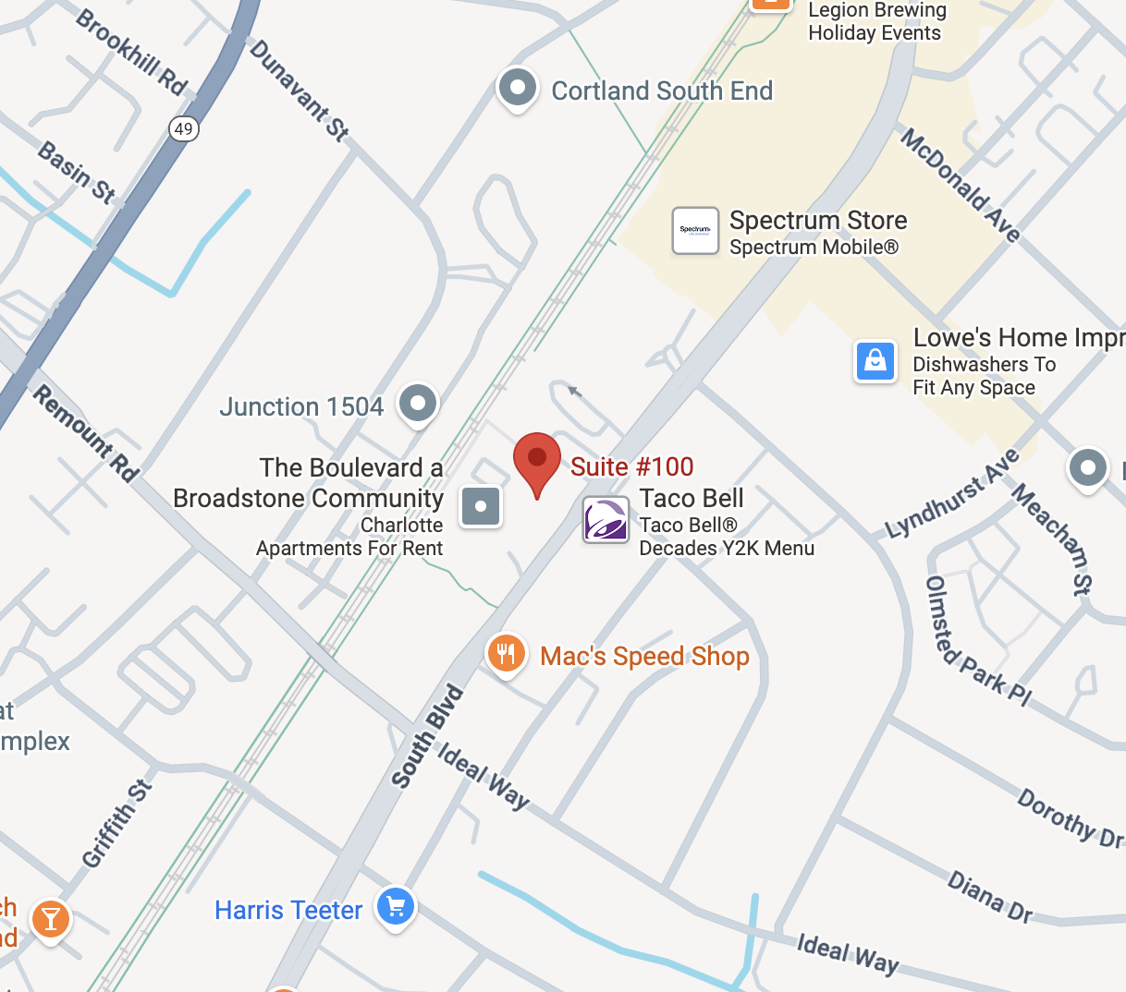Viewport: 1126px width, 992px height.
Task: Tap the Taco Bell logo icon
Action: [606, 519]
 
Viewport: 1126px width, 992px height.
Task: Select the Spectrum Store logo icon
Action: [695, 230]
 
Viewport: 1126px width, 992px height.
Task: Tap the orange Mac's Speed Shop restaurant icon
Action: [505, 654]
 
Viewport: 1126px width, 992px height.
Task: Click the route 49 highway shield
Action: [184, 128]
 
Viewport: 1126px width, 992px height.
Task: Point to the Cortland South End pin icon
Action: [518, 89]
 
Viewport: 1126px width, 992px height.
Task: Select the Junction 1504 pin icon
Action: [418, 404]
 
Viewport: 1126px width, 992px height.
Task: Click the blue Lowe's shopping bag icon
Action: [875, 361]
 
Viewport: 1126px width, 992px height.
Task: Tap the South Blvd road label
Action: [427, 736]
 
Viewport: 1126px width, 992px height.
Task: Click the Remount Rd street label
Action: [86, 433]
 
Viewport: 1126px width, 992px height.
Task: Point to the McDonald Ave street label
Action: [961, 186]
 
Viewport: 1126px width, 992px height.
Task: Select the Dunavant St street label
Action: [300, 90]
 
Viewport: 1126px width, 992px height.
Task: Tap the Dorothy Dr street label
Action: [1071, 817]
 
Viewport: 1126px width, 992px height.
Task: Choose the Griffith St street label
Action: [116, 824]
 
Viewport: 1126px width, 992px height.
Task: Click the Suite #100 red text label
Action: [631, 466]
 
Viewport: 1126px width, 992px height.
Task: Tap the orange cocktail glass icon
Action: [51, 919]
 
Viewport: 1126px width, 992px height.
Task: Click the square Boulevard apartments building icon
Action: [481, 506]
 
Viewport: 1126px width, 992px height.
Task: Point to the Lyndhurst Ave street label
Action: [953, 493]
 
